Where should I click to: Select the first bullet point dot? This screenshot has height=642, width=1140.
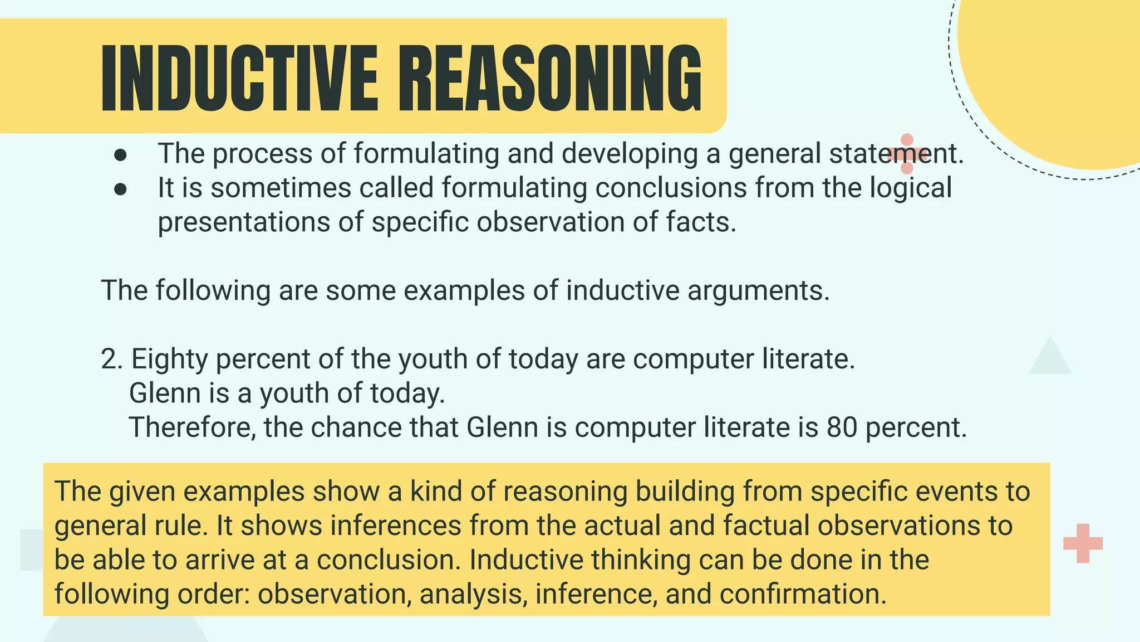120,155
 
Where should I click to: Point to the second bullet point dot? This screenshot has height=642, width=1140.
120,189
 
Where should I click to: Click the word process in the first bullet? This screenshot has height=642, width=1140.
262,154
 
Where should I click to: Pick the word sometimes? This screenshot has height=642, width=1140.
281,188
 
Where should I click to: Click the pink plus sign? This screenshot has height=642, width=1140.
1083,543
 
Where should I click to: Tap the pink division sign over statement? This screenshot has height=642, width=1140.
907,154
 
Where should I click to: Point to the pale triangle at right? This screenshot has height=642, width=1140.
1050,358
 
